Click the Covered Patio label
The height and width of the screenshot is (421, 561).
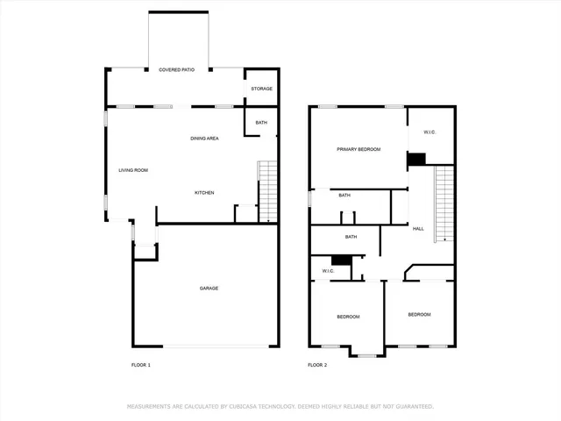point(176,69)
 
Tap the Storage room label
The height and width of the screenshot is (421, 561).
point(262,89)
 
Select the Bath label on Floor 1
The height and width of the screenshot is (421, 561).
point(261,123)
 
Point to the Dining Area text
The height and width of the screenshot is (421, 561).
point(204,139)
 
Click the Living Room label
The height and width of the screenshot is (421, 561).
point(133,170)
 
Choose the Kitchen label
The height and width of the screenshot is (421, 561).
point(204,193)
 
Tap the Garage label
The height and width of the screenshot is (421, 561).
point(209,289)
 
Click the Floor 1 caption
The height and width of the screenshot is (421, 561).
point(141,364)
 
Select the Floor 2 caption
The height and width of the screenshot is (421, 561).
point(316,364)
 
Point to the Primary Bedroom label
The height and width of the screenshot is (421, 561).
point(359,150)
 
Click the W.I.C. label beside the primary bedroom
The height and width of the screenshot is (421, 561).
point(430,132)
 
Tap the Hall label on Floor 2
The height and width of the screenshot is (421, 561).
point(418,229)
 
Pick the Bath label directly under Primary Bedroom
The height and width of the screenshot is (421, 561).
point(344,196)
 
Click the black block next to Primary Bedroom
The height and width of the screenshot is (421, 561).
point(416,159)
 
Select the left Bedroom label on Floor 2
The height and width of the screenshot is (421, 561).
point(348,317)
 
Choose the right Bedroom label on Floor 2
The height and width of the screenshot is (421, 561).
point(419,314)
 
